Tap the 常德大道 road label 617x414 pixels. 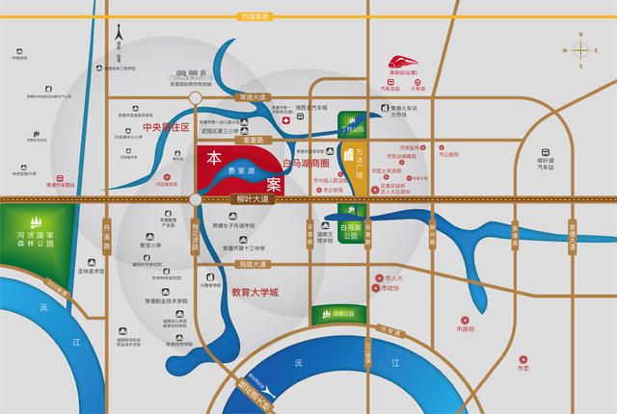(x=250, y=98)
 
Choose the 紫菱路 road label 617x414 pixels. (x=253, y=141)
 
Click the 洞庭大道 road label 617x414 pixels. (x=251, y=261)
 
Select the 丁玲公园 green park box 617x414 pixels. (x=356, y=120)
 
